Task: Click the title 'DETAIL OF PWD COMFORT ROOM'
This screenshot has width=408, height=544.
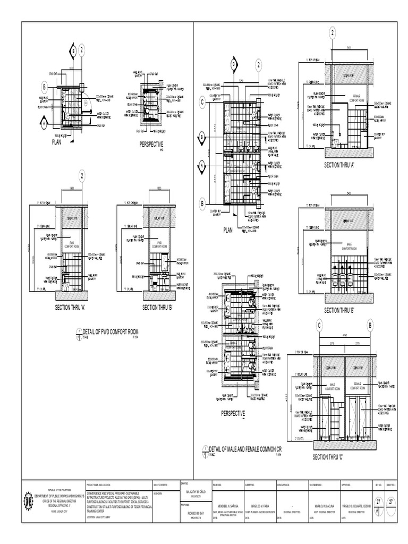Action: click(115, 333)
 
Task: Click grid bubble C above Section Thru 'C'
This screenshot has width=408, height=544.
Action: click(320, 326)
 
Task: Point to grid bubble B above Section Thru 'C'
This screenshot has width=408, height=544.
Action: click(370, 326)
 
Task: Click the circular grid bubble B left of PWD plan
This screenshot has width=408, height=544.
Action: click(44, 87)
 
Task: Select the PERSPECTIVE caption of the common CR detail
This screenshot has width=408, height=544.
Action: click(233, 413)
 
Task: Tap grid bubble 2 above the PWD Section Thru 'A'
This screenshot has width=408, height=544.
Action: click(82, 176)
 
